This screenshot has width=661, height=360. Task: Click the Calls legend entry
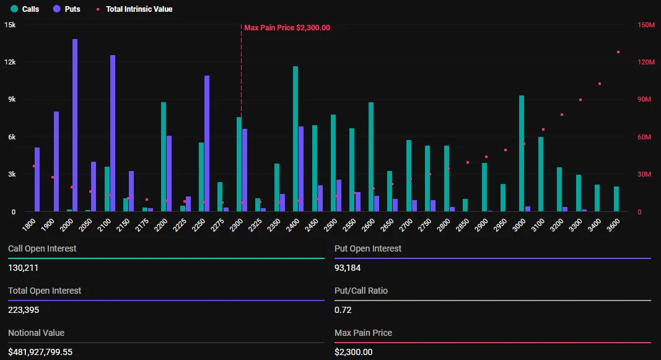click(x=25, y=9)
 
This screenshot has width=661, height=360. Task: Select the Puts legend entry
click(x=67, y=9)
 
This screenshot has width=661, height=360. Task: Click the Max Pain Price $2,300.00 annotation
click(x=287, y=27)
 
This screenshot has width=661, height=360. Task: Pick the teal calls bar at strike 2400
click(x=295, y=139)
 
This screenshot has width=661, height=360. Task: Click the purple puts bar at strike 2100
click(x=113, y=133)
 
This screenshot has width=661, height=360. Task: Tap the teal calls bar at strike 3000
click(x=522, y=153)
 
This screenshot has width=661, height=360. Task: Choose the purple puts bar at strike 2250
click(x=207, y=143)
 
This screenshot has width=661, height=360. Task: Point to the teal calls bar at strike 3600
click(x=616, y=199)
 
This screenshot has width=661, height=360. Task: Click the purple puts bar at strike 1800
click(x=37, y=180)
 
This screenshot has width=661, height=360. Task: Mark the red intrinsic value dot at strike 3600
click(x=618, y=52)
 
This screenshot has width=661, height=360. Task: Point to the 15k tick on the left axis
click(x=10, y=25)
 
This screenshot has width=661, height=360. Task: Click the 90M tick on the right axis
click(x=645, y=100)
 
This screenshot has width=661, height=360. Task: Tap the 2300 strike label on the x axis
click(x=236, y=224)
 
